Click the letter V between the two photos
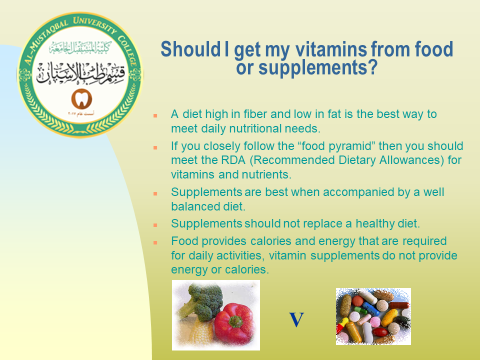296,321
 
